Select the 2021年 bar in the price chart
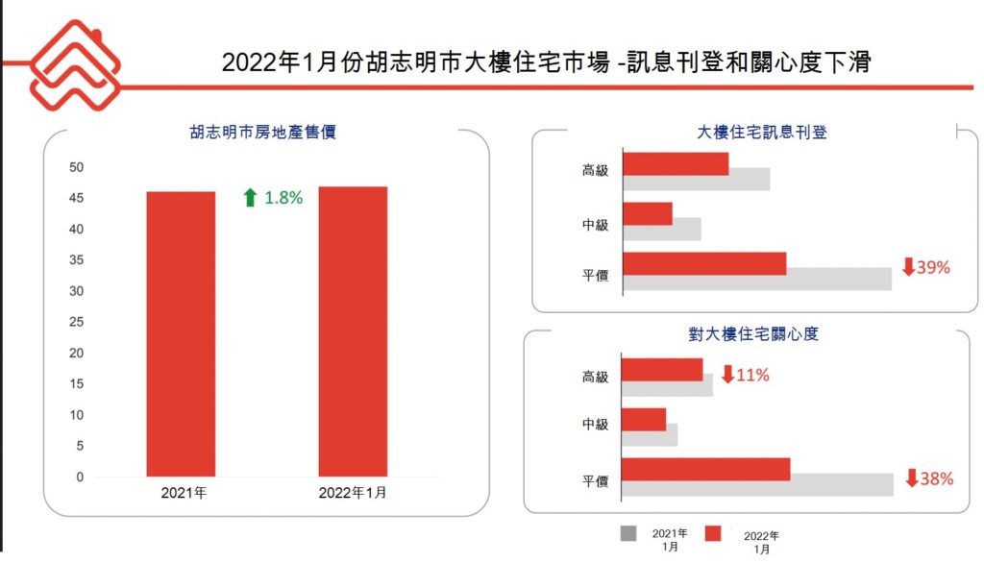[x=181, y=333]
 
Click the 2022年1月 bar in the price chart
[x=353, y=331]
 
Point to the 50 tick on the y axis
[x=77, y=167]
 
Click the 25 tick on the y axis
[x=77, y=322]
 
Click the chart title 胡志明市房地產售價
[x=262, y=134]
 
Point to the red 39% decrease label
[x=925, y=267]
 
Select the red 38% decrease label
[x=929, y=477]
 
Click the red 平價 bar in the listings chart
[x=704, y=264]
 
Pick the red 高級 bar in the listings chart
[x=676, y=163]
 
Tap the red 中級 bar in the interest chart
[x=644, y=419]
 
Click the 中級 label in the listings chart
[x=596, y=225]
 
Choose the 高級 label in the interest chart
[x=596, y=377]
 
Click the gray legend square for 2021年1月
[x=628, y=534]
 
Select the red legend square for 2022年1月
[x=713, y=534]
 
